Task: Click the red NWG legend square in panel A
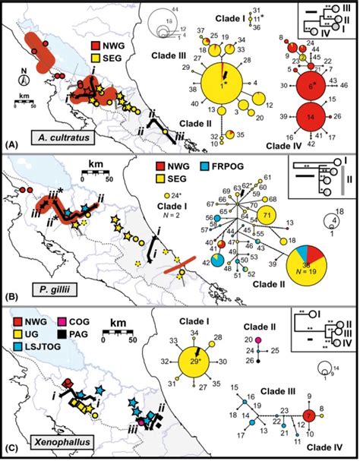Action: coord(99,54)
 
